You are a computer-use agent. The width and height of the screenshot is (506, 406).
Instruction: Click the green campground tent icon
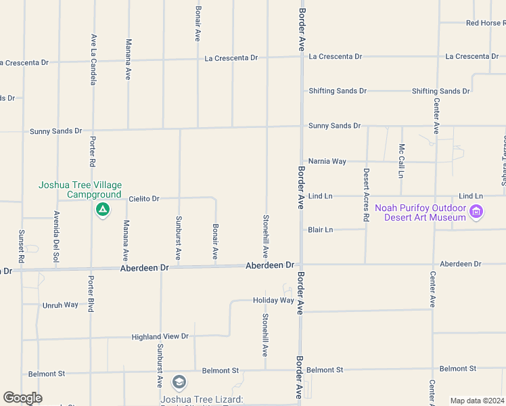coord(102,210)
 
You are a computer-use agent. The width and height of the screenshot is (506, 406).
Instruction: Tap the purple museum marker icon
coord(476,212)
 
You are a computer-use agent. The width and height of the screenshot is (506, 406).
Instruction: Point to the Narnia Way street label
coord(327,162)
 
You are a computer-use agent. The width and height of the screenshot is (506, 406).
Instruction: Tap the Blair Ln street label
coord(320,230)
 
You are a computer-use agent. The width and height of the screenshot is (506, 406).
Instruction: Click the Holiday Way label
coord(273,300)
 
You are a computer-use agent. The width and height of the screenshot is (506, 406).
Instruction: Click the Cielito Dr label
coord(144,199)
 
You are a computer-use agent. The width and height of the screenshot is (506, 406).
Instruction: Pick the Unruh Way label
coord(62,305)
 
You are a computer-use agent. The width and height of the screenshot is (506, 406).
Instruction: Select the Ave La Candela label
coord(93,60)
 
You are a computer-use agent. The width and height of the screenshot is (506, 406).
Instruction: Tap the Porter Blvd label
coord(91,294)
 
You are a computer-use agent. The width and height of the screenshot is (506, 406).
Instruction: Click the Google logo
coord(22,398)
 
